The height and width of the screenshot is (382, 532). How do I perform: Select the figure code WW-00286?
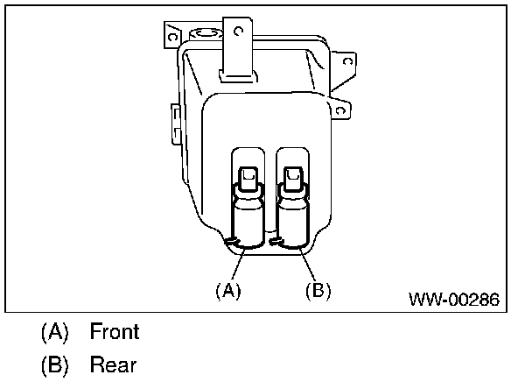pos(453,300)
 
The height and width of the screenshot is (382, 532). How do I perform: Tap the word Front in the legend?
pos(115,332)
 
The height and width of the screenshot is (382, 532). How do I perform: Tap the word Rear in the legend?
pos(112,364)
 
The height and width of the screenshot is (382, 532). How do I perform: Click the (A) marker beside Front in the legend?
pos(53,332)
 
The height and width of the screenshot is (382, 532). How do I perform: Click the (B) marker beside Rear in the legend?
pos(53,364)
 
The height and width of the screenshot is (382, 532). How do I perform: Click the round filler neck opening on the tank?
pos(206,33)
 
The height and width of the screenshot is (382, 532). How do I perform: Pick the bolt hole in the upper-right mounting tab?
pos(347,61)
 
